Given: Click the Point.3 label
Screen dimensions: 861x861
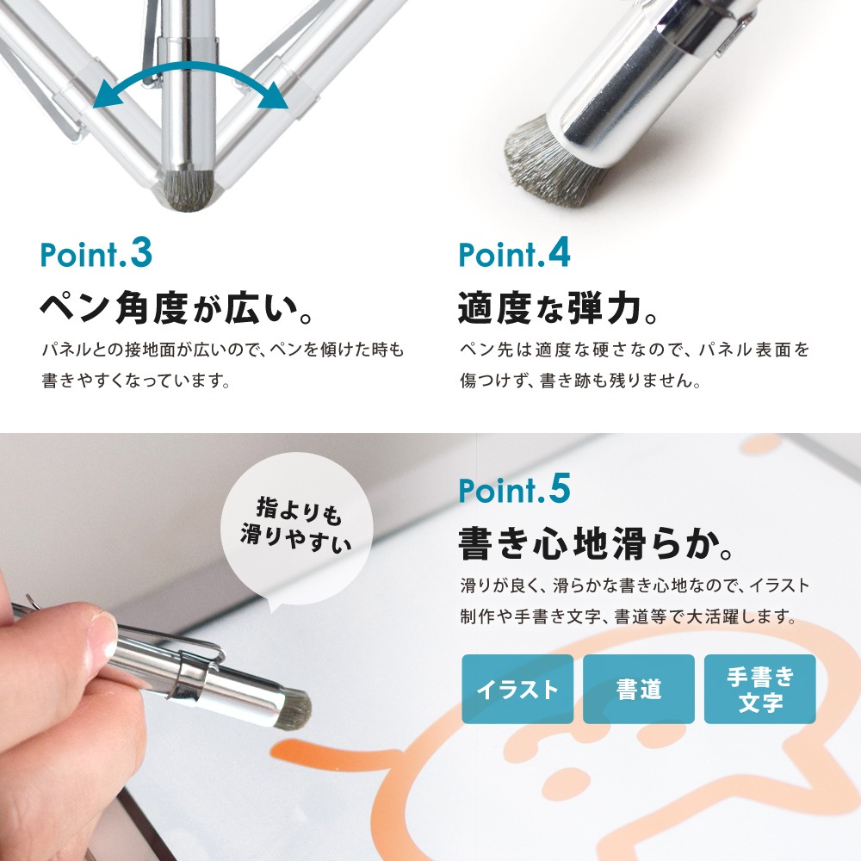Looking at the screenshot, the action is [x=96, y=253].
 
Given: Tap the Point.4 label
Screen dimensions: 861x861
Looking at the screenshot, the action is [x=515, y=253].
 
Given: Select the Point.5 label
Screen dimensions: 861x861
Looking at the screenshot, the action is [x=515, y=489].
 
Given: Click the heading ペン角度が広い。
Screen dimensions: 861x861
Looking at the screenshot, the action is [x=177, y=308].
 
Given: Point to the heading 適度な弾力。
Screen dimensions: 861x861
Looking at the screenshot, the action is [x=557, y=308].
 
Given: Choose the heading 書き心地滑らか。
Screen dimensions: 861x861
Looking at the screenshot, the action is [x=595, y=543].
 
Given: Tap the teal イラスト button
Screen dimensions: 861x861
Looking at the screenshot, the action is [x=517, y=689].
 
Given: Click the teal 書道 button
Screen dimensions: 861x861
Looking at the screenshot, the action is [x=639, y=689].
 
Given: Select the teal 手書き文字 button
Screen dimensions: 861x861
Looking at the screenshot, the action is [x=760, y=689].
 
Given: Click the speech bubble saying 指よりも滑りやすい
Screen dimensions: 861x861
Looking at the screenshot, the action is [x=296, y=527].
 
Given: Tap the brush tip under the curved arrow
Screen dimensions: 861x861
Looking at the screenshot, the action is [x=189, y=189].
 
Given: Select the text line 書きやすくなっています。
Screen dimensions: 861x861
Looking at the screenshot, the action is [x=136, y=380].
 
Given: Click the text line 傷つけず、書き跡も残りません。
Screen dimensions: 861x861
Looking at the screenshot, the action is [x=580, y=380].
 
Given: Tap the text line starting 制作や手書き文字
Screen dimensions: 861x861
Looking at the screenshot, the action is [x=629, y=616].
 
